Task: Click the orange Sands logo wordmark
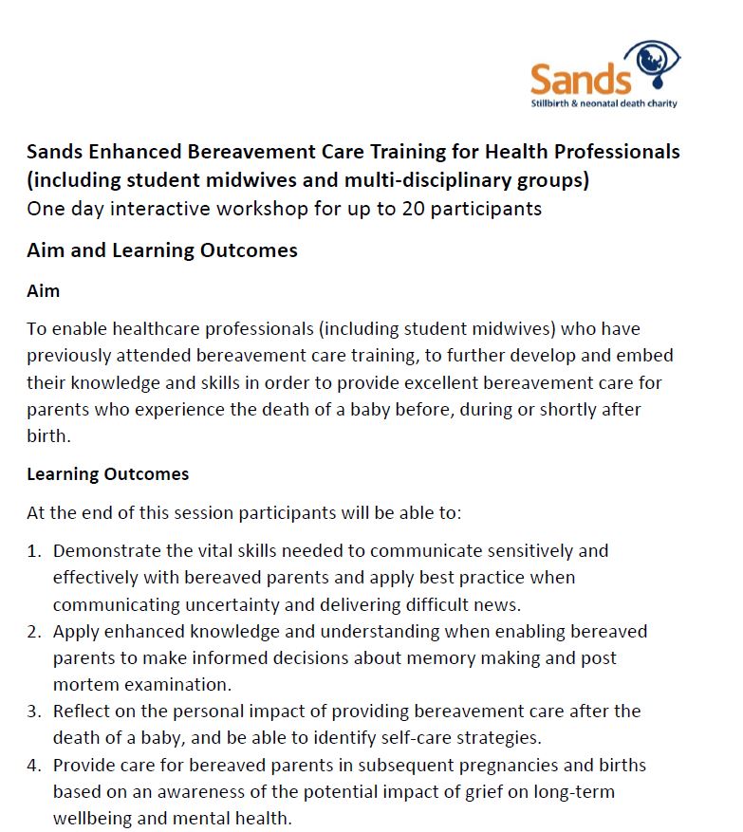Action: tap(580, 78)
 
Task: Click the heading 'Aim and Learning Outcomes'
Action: tap(162, 250)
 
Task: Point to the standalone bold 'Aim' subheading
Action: tap(43, 291)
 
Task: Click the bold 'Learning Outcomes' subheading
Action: tap(107, 473)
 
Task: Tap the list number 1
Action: tap(34, 550)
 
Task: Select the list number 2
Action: tap(34, 631)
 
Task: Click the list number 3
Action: tap(34, 711)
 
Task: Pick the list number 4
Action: tap(34, 765)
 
